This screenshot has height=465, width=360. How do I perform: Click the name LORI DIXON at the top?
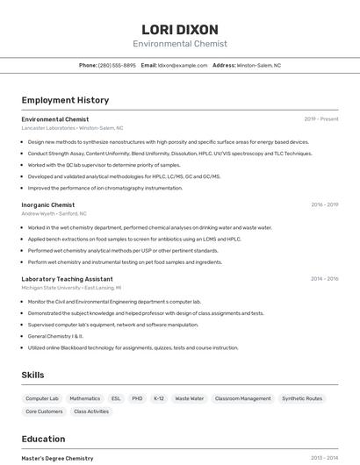(x=180, y=30)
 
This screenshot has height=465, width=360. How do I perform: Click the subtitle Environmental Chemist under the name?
(x=180, y=44)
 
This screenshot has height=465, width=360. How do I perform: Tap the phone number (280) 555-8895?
(x=117, y=65)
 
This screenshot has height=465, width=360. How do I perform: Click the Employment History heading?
(x=65, y=101)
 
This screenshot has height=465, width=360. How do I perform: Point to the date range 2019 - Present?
(x=321, y=119)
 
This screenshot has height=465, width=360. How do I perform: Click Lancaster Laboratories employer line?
(x=72, y=128)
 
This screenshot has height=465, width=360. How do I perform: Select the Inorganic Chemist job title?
(x=48, y=204)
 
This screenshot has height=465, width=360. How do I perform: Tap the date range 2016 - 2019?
(x=325, y=204)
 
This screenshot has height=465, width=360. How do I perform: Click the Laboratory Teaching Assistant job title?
(x=67, y=279)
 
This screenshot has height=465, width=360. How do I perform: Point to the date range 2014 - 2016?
(x=325, y=279)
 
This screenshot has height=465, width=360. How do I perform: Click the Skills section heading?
(x=32, y=375)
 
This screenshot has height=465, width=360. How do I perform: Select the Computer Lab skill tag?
(x=42, y=398)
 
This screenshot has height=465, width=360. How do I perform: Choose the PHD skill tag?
(x=137, y=398)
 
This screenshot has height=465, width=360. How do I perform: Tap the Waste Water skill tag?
(x=190, y=398)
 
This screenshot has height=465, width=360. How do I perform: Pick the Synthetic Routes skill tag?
(x=302, y=398)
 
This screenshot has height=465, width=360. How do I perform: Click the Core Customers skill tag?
(x=44, y=411)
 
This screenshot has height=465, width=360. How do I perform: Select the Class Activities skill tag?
(x=91, y=411)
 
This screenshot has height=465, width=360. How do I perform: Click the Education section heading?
(x=43, y=439)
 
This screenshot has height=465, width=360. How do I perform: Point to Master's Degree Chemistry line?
(x=57, y=458)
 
